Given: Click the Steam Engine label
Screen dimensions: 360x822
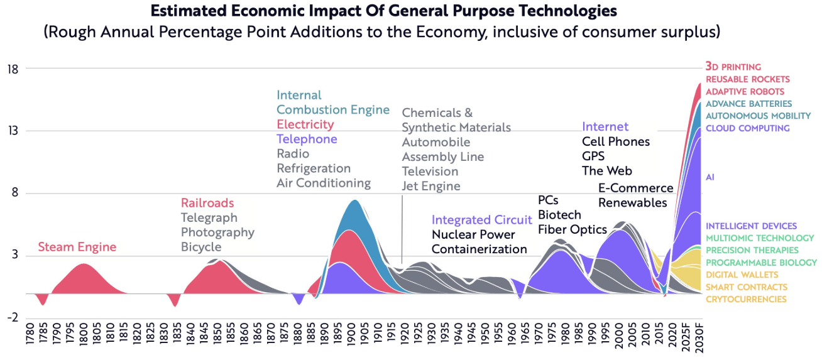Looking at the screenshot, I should point(77,248).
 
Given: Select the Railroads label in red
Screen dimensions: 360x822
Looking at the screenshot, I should point(207,203).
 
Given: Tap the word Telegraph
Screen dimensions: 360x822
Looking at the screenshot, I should point(209,218).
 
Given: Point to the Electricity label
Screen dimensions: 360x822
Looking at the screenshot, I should point(305,124).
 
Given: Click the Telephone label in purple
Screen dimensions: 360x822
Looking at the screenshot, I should point(307,139).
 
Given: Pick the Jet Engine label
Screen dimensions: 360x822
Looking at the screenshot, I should point(431,186).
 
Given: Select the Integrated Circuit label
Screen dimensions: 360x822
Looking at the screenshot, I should point(482,220).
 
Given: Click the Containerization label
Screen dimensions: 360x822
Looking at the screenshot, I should point(479,249).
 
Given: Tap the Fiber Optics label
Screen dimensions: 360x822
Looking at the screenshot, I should point(573,229).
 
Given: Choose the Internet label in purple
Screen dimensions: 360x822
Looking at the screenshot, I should point(605,127).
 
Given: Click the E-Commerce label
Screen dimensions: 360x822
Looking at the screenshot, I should point(635,188).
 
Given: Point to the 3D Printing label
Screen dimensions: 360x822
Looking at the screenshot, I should point(733,67).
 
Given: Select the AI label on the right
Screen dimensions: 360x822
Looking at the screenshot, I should point(710,177).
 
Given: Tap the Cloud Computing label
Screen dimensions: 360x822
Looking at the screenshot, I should point(748,128).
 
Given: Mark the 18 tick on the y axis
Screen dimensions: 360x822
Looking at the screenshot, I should point(12,68).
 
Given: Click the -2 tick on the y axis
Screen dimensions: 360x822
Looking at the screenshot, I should point(12,317).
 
